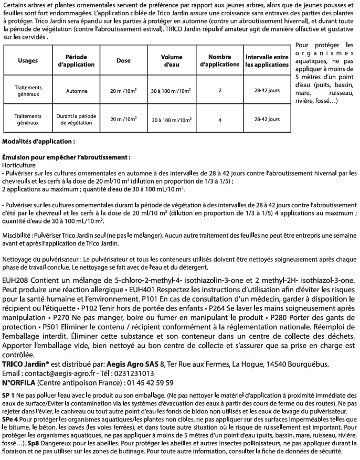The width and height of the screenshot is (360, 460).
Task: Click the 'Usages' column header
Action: pos(28,61)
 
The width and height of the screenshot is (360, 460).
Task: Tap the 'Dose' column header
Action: pos(123,61)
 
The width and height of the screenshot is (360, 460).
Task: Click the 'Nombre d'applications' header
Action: pos(219,61)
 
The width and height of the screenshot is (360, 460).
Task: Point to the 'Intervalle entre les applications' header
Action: pos(267,61)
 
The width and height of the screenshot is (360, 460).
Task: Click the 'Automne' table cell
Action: pos(77,91)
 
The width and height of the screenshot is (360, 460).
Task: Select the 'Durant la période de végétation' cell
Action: pos(77,120)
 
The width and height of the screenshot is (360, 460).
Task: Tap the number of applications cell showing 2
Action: pos(219,91)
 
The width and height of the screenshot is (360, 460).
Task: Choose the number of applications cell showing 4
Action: pos(219,120)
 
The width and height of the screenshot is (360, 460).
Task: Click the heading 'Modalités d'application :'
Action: pos(39,142)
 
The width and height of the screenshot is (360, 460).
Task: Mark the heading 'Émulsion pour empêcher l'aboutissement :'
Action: pos(66,157)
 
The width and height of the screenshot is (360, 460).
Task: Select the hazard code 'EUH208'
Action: pos(17,281)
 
